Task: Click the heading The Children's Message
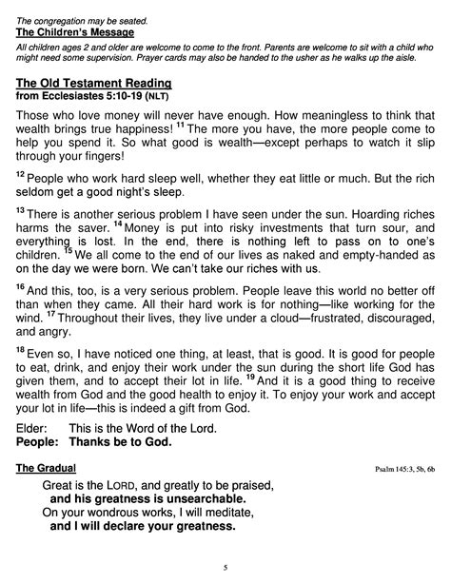[75, 33]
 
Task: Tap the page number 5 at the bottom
[225, 568]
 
